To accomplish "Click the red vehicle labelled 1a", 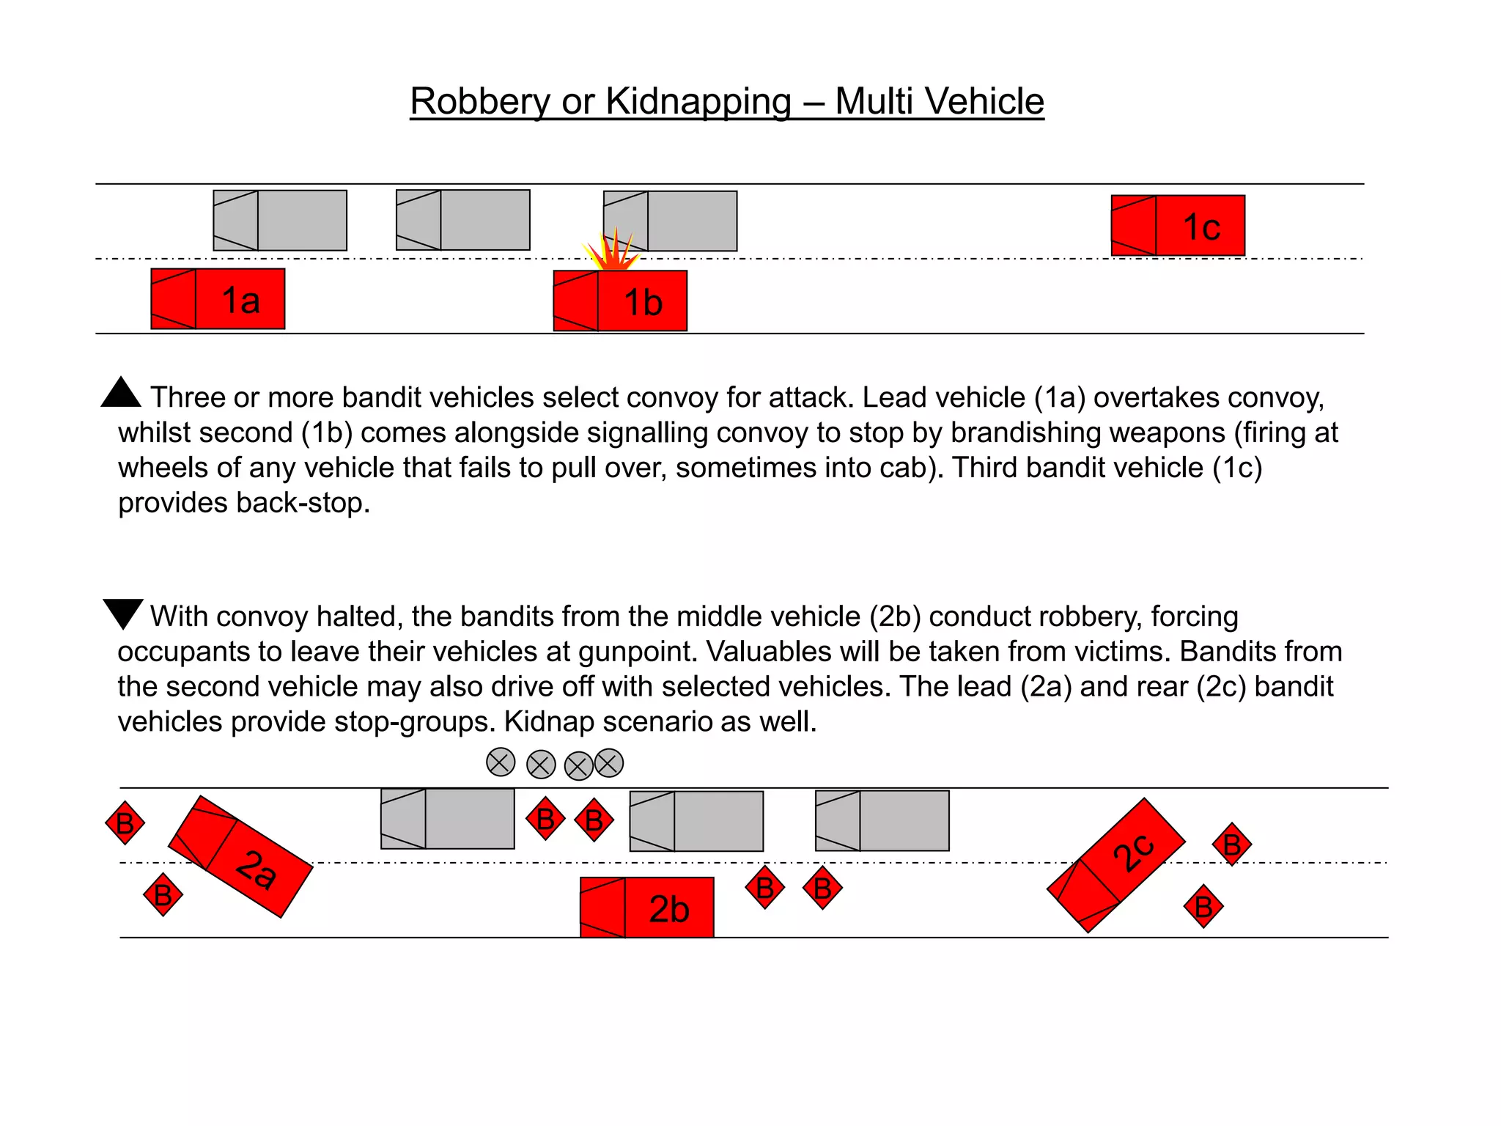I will pyautogui.click(x=218, y=299).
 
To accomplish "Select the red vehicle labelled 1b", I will pyautogui.click(x=620, y=301).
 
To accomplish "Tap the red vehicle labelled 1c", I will pyautogui.click(x=1178, y=226).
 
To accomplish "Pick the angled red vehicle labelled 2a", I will pyautogui.click(x=240, y=856).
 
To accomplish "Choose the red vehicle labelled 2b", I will pyautogui.click(x=646, y=908).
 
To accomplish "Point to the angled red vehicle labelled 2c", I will pyautogui.click(x=1116, y=865).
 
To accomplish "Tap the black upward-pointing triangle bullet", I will pyautogui.click(x=121, y=394).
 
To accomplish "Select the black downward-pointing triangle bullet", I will pyautogui.click(x=122, y=612).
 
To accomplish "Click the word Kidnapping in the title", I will pyautogui.click(x=698, y=101).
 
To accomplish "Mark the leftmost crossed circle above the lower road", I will pyautogui.click(x=501, y=762).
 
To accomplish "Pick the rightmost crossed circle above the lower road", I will pyautogui.click(x=609, y=763).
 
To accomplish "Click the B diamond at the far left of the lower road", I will pyautogui.click(x=125, y=823).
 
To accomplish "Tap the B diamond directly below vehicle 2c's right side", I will pyautogui.click(x=1203, y=907).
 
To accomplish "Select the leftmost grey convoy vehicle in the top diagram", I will pyautogui.click(x=280, y=221).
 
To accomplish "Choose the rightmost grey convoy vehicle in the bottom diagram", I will pyautogui.click(x=882, y=820).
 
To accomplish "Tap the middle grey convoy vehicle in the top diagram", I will pyautogui.click(x=463, y=220).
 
